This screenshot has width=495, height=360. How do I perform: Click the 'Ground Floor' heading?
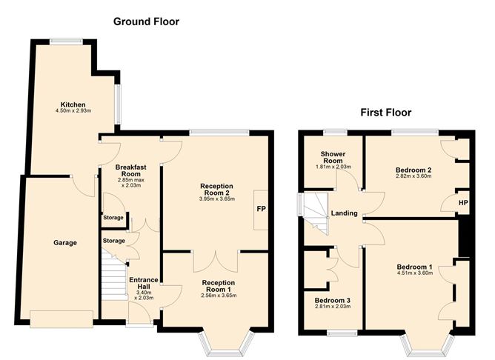coord(146,21)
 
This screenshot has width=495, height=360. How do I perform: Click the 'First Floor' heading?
coord(385,113)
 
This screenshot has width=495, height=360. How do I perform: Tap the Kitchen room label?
coord(74,104)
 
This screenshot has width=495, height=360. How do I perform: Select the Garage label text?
coord(64,242)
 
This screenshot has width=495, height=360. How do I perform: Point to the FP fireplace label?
coord(261,209)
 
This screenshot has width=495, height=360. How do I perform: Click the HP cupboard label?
coord(463,202)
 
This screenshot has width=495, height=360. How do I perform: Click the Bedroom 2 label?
coord(413,170)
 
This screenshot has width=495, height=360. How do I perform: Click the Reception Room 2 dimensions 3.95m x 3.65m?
coord(216,199)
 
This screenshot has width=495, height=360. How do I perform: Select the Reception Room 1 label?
coord(218,286)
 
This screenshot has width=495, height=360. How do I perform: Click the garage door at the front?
coord(62,319)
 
